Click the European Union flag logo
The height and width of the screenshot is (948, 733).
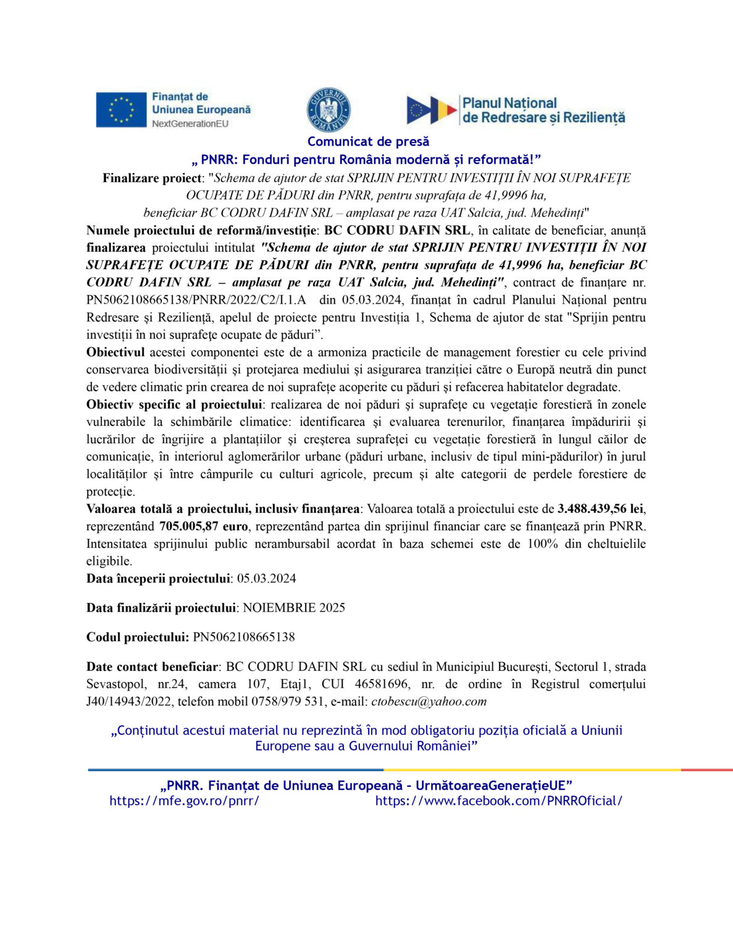tap(121, 110)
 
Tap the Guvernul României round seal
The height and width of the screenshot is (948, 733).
tap(329, 110)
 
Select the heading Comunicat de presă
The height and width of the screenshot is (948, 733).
tap(368, 141)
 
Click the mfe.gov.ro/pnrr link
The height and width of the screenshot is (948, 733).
tap(184, 801)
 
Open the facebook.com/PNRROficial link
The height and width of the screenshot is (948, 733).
tap(498, 801)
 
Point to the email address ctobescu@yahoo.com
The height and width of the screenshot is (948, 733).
tap(429, 702)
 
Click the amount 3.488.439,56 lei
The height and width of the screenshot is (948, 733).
tap(601, 509)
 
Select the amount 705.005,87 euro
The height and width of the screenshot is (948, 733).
tap(203, 526)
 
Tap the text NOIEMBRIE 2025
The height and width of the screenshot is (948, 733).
tap(293, 608)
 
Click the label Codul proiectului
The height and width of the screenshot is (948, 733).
tap(137, 637)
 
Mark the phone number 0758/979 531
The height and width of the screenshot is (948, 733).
tap(288, 702)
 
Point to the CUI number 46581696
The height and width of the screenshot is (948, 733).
tap(381, 684)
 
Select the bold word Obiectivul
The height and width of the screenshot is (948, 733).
tap(115, 352)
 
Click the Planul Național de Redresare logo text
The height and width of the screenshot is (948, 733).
tap(543, 110)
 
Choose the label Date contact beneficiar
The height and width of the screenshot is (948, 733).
tap(152, 667)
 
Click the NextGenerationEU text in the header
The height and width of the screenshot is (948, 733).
tap(190, 123)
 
